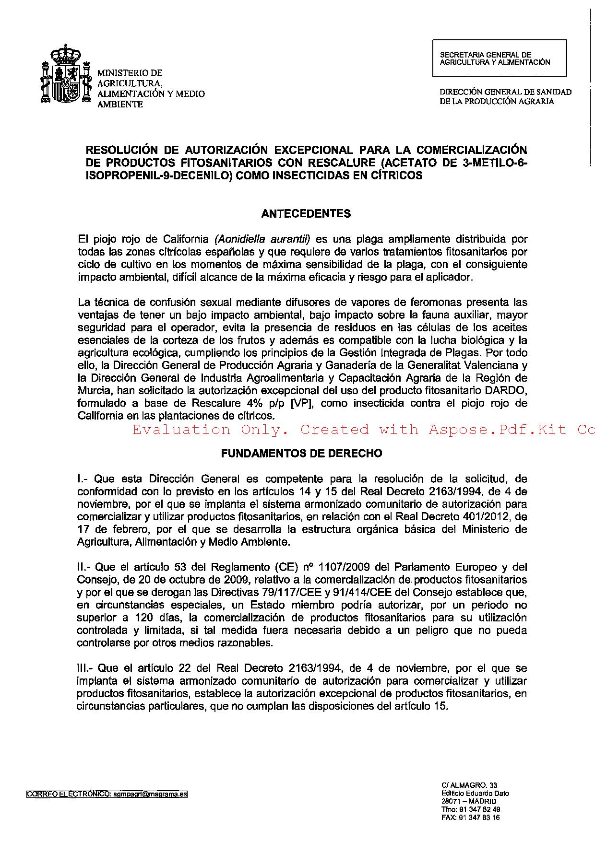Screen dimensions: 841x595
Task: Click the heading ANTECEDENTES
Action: click(x=306, y=214)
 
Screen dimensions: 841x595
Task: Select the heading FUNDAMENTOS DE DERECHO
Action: click(x=301, y=453)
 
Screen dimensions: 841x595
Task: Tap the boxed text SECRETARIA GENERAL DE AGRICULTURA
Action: click(x=499, y=58)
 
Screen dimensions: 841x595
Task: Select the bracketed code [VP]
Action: click(x=302, y=403)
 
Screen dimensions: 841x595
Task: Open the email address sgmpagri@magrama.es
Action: click(x=149, y=794)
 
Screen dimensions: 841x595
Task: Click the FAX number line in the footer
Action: click(x=470, y=818)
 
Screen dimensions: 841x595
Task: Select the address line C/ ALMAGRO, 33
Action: click(x=463, y=785)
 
